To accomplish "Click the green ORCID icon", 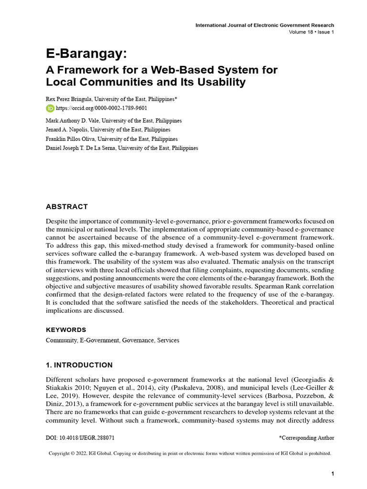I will [50, 108].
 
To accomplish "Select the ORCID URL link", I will [91, 108].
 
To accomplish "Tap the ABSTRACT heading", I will [67, 207].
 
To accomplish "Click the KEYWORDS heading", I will [66, 330].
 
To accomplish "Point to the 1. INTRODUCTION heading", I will [79, 365].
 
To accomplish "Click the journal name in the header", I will [265, 25].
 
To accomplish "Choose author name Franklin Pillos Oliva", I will [67, 139].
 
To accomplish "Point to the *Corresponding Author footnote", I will [306, 437].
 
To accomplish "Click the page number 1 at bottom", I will [332, 473].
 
